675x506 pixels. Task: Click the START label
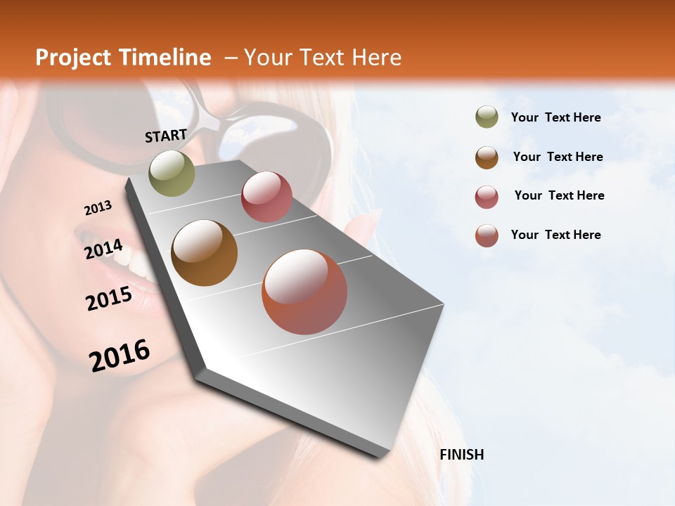[166, 136]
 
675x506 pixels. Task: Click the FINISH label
[462, 455]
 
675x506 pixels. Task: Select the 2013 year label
[98, 208]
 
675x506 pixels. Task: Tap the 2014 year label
[103, 249]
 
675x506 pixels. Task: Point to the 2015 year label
[109, 299]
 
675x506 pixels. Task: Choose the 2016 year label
[120, 355]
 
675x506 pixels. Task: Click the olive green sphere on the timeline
[172, 173]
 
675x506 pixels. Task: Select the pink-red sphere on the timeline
[266, 197]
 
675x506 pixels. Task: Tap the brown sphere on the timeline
[204, 252]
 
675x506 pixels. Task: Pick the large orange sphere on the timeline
[304, 292]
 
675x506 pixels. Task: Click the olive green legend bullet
[487, 117]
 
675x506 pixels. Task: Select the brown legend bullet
[487, 157]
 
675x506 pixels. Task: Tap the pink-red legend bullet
[487, 196]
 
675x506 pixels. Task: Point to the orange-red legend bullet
[487, 235]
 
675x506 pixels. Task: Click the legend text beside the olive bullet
[555, 117]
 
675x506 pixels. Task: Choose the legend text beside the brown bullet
[558, 157]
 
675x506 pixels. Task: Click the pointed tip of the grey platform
[380, 458]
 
